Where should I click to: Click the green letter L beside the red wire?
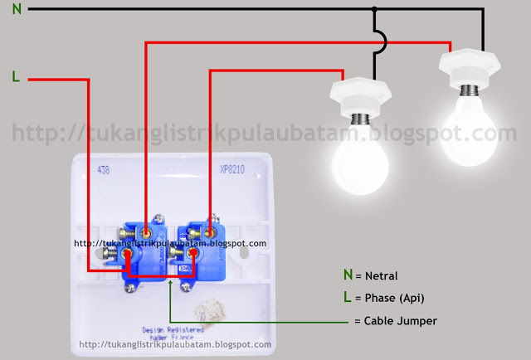16,77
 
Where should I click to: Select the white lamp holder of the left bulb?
366,94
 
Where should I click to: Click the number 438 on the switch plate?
104,169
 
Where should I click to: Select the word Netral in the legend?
381,275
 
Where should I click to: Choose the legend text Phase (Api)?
394,297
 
